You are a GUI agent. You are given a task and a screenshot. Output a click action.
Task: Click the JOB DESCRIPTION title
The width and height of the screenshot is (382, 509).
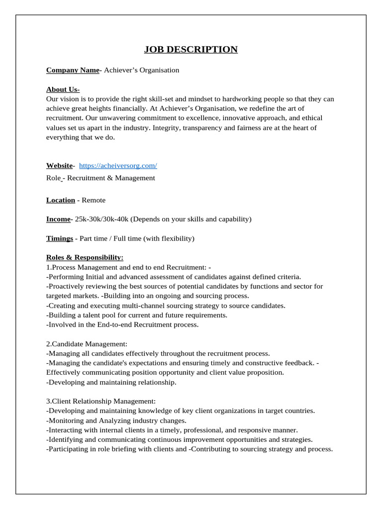pyautogui.click(x=191, y=49)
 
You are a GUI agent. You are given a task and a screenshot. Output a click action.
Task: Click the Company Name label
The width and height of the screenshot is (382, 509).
pyautogui.click(x=73, y=70)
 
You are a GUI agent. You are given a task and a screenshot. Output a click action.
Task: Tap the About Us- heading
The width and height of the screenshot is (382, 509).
pyautogui.click(x=63, y=89)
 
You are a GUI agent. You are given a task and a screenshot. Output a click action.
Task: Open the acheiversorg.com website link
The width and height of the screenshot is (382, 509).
pyautogui.click(x=118, y=166)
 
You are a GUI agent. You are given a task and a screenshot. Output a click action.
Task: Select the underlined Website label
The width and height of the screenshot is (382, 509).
pyautogui.click(x=60, y=166)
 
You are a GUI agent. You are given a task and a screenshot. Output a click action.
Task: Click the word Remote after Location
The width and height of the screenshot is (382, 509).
pyautogui.click(x=94, y=200)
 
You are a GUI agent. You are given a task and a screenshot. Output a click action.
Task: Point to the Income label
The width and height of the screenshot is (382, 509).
pyautogui.click(x=59, y=219)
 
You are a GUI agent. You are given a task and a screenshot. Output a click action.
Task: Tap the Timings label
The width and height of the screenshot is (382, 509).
pyautogui.click(x=59, y=239)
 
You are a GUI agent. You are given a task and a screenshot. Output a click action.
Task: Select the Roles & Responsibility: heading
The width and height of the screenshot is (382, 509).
pyautogui.click(x=85, y=257)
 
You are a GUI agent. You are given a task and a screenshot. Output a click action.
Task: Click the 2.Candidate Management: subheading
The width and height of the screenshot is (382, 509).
pyautogui.click(x=87, y=343)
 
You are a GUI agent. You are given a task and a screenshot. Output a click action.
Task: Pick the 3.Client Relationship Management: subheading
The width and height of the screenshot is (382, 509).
pyautogui.click(x=101, y=401)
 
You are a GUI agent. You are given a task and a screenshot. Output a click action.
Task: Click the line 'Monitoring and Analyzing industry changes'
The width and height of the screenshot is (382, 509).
pyautogui.click(x=116, y=421)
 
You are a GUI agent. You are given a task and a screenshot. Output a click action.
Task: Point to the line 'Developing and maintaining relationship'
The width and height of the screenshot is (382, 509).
pyautogui.click(x=111, y=382)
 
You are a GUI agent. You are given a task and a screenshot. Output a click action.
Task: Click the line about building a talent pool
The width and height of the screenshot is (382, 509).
pyautogui.click(x=137, y=315)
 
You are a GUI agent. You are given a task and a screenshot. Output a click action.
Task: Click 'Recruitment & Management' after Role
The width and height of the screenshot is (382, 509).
pyautogui.click(x=111, y=178)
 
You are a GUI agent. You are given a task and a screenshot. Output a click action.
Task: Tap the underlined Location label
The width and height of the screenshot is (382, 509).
pyautogui.click(x=60, y=200)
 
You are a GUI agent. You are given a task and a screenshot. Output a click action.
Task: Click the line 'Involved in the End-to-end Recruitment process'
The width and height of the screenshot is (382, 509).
pyautogui.click(x=122, y=325)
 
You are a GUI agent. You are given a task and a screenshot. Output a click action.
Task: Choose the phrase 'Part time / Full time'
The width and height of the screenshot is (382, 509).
pyautogui.click(x=110, y=239)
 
